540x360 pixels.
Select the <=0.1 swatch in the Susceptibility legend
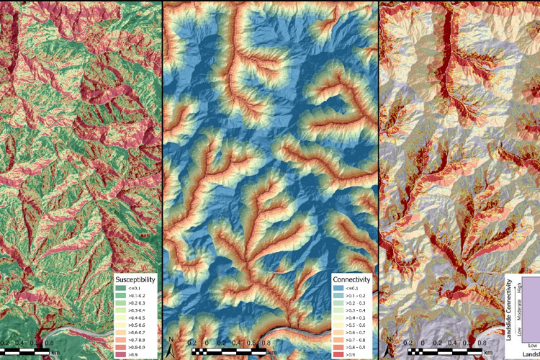(122, 286)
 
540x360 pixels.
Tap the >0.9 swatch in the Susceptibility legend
(122, 355)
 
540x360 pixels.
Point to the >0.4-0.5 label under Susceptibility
(140, 317)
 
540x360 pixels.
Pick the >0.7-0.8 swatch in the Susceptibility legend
(122, 340)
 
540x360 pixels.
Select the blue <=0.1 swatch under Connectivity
(337, 287)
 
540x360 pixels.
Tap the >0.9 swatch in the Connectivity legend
(337, 355)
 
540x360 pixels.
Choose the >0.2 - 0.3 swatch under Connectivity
(337, 302)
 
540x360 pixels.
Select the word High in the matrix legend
(510, 287)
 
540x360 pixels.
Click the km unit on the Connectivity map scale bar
(270, 354)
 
